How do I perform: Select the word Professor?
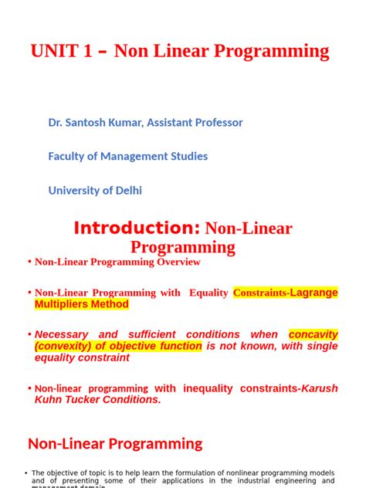pyautogui.click(x=216, y=123)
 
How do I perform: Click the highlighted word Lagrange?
pyautogui.click(x=313, y=293)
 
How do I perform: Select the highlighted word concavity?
pyautogui.click(x=313, y=335)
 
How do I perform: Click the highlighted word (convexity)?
pyautogui.click(x=66, y=347)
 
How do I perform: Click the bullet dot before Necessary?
pyautogui.click(x=29, y=335)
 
